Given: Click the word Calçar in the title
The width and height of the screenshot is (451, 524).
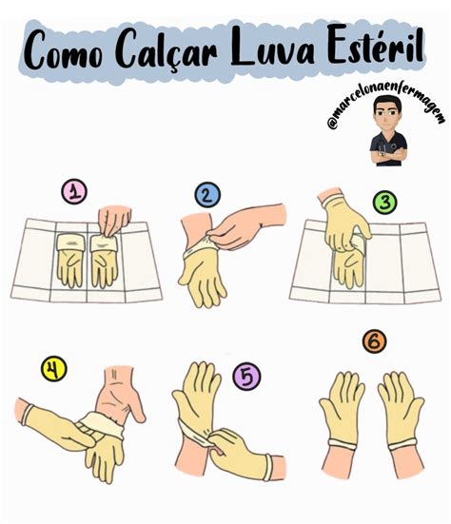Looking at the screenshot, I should coord(171,52).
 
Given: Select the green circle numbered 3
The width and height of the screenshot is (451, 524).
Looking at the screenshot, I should coord(383,203).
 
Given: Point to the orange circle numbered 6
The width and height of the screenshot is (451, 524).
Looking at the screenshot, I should coord(374,341).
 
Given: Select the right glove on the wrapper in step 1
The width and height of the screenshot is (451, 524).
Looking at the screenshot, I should coord(103,260).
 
